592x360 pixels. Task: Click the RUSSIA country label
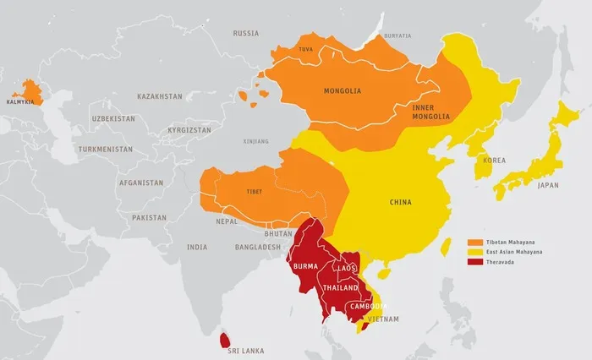click(x=245, y=34)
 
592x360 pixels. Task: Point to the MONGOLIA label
click(x=343, y=90)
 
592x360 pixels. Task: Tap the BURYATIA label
click(x=397, y=35)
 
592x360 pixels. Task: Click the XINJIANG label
click(x=255, y=141)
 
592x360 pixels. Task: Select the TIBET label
click(x=254, y=191)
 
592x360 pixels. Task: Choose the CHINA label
click(x=400, y=202)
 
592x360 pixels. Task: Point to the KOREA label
click(x=494, y=160)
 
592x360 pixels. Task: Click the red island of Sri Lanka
click(x=224, y=340)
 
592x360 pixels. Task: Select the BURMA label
click(x=304, y=266)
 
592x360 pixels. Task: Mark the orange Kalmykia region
click(x=30, y=91)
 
